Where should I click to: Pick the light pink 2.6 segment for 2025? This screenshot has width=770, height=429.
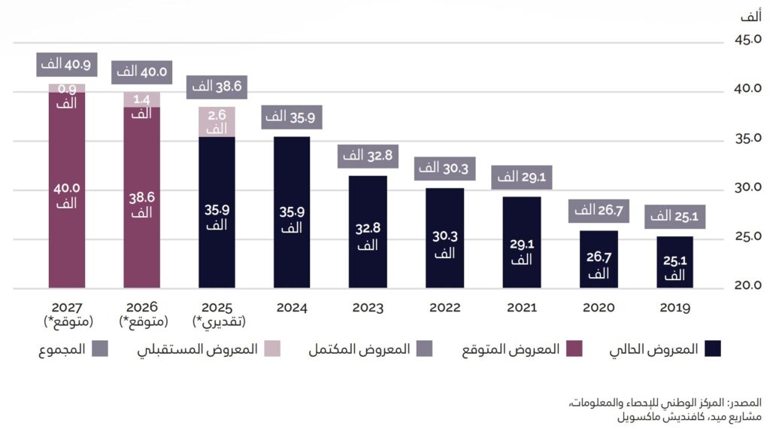pyautogui.click(x=217, y=122)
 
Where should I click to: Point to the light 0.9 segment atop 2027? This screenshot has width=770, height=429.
pyautogui.click(x=66, y=88)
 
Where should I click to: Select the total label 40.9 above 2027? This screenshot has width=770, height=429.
pyautogui.click(x=66, y=65)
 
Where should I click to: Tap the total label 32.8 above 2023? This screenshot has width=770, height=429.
pyautogui.click(x=367, y=156)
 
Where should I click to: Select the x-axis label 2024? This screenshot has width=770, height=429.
pyautogui.click(x=293, y=308)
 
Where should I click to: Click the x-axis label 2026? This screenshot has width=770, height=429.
pyautogui.click(x=141, y=308)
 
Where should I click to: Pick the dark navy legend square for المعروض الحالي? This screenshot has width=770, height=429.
pyautogui.click(x=711, y=348)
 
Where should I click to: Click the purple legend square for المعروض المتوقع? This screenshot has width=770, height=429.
pyautogui.click(x=573, y=348)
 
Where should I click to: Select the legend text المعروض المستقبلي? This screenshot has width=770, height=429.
pyautogui.click(x=197, y=349)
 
